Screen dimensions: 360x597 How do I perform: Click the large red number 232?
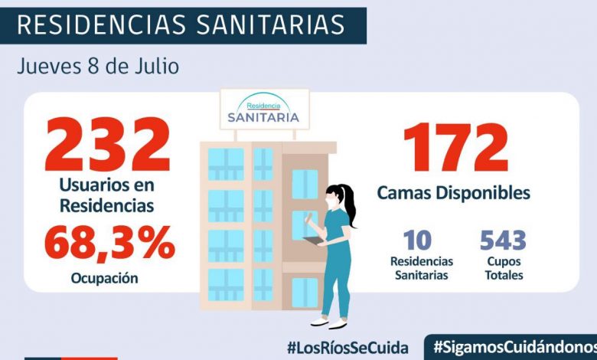click(x=107, y=146)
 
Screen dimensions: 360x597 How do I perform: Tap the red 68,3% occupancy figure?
click(x=109, y=244)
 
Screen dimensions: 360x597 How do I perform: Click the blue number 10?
click(x=417, y=241)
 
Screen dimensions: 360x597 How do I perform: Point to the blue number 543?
click(x=503, y=241)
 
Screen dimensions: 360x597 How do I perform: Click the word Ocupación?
click(x=106, y=278)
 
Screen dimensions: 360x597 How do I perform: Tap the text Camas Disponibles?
click(x=454, y=192)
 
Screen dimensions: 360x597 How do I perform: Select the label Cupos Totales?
click(x=502, y=268)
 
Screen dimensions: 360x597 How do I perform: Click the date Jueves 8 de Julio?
click(x=98, y=67)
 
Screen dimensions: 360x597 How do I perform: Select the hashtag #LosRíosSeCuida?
click(x=347, y=347)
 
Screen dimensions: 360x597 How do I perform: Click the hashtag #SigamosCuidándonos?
click(x=514, y=347)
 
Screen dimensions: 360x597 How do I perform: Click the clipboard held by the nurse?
click(x=313, y=241)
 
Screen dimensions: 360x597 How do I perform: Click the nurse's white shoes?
click(x=330, y=322)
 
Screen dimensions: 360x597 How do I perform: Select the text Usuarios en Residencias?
click(x=108, y=195)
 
